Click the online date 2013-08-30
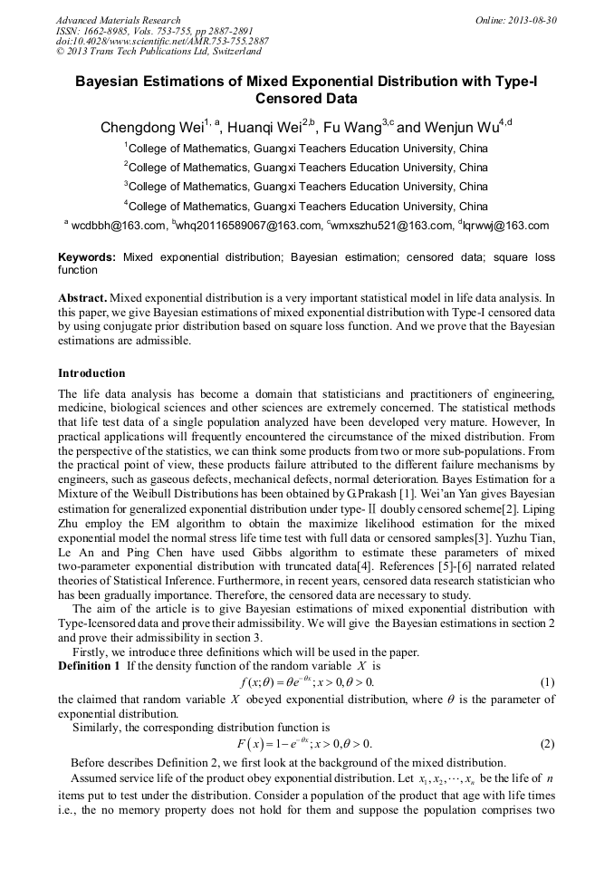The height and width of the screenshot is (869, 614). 530,20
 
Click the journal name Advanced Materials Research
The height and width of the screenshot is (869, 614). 118,20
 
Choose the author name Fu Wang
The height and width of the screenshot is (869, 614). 348,128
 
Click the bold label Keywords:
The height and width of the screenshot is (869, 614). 87,258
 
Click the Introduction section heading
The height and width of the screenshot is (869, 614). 91,373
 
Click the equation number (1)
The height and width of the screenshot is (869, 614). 547,681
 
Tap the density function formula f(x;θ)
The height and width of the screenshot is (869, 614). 306,681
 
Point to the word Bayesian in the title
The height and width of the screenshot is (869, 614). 113,82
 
